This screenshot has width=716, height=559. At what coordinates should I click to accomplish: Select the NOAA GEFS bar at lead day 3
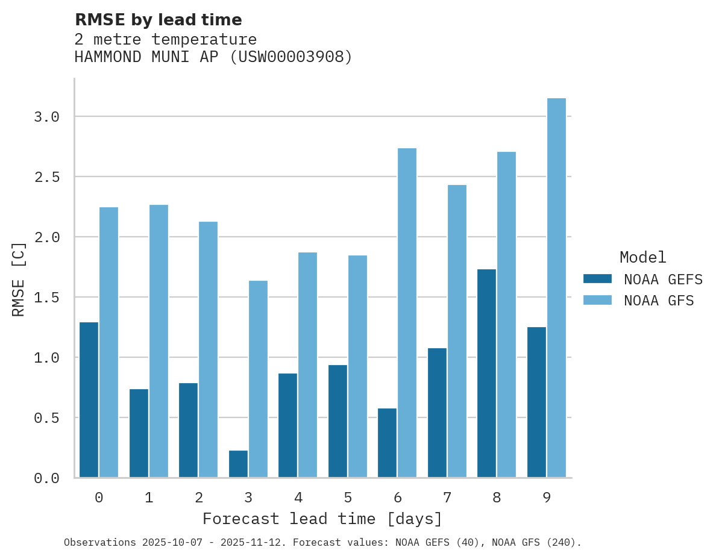pyautogui.click(x=238, y=464)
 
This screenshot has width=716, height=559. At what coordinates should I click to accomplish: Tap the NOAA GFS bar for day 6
pyautogui.click(x=407, y=313)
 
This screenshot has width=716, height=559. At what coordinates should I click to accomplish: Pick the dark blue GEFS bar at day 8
pyautogui.click(x=486, y=373)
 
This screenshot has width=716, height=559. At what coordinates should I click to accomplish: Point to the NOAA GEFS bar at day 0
pyautogui.click(x=89, y=400)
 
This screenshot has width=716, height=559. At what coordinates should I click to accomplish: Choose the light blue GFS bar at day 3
pyautogui.click(x=258, y=379)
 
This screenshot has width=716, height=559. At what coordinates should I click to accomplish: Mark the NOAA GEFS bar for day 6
pyautogui.click(x=387, y=443)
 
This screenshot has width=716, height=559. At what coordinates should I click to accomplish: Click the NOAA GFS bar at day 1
pyautogui.click(x=159, y=341)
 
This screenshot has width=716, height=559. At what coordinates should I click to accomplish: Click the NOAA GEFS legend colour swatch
pyautogui.click(x=597, y=279)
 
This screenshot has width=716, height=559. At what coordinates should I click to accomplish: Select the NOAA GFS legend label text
pyautogui.click(x=659, y=301)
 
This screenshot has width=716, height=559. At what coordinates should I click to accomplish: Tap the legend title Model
pyautogui.click(x=642, y=257)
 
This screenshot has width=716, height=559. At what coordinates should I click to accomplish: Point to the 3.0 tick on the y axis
pyautogui.click(x=46, y=117)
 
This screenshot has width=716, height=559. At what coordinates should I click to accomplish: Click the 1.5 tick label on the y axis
pyautogui.click(x=46, y=298)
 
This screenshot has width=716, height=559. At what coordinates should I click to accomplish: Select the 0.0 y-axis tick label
pyautogui.click(x=46, y=478)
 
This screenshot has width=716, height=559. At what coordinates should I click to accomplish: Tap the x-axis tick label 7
pyautogui.click(x=447, y=498)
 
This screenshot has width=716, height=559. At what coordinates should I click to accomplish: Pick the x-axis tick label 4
pyautogui.click(x=298, y=498)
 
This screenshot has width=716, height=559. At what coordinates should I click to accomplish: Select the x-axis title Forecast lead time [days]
pyautogui.click(x=322, y=519)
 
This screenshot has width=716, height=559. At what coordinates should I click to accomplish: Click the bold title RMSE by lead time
pyautogui.click(x=158, y=20)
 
